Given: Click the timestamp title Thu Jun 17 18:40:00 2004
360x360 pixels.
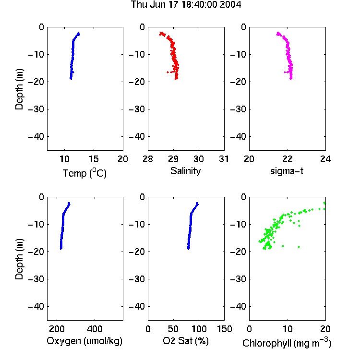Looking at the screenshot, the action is (186, 5).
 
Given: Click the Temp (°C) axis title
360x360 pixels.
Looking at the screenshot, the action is (84, 173).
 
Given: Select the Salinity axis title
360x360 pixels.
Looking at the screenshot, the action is (185, 171).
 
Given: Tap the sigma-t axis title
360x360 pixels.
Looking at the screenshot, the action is (287, 171).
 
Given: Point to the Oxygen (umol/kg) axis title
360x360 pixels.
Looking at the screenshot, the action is (84, 341).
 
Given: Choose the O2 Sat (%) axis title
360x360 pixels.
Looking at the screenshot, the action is (186, 341).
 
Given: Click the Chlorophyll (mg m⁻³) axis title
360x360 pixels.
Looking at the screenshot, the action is (287, 343).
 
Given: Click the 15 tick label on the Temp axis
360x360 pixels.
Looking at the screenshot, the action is (94, 159).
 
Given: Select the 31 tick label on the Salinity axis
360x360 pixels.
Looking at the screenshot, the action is (224, 159).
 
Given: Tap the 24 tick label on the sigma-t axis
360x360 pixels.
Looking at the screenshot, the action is (325, 159).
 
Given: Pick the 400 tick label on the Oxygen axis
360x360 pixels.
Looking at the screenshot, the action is (95, 329).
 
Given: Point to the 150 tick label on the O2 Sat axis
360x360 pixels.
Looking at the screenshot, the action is (224, 329).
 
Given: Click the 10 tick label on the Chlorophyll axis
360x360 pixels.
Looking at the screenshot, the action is (287, 329).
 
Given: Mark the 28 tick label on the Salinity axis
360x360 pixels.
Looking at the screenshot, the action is (148, 159).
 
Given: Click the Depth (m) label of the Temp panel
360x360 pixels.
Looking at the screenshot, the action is (19, 89).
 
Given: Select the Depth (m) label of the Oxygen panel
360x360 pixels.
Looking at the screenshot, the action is (19, 259).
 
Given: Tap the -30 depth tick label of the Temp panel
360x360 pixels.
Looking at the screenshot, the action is (36, 109).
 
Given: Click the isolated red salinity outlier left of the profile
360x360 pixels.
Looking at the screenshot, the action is (168, 72).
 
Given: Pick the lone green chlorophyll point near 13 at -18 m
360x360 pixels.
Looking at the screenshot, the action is (299, 247).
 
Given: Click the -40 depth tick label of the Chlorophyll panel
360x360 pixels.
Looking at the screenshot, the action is (238, 306).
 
